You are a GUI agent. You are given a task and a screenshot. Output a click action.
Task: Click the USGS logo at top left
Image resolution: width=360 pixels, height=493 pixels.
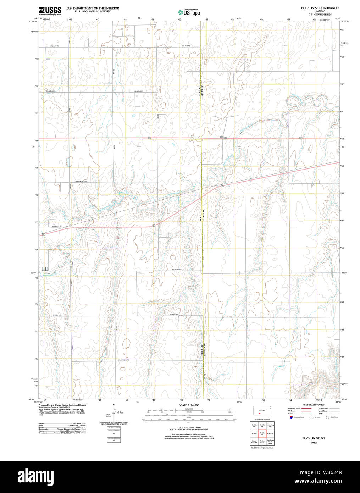pyautogui.click(x=50, y=10)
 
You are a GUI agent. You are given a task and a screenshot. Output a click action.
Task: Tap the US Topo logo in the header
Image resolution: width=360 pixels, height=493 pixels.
pyautogui.click(x=189, y=12)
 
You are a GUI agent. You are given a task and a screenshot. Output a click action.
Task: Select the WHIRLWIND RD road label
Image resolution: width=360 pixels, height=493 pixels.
pyautogui.click(x=81, y=181)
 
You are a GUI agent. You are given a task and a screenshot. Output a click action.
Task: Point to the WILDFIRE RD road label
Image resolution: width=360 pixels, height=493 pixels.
pyautogui.click(x=176, y=270)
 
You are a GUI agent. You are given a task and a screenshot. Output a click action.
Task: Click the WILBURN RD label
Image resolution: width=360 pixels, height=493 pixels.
pyautogui.click(x=57, y=226)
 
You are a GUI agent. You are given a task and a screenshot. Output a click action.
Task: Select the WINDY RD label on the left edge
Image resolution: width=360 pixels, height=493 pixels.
pyautogui.click(x=57, y=315)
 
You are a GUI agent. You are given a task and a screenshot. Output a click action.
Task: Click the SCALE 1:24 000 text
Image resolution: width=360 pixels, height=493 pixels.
pyautogui.click(x=189, y=405)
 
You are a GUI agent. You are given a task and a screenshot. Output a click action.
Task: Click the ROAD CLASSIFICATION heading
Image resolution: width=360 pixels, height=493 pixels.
pyautogui.click(x=313, y=405)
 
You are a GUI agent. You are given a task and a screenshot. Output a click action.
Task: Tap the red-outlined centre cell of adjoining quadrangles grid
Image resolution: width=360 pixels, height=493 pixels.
pyautogui.click(x=262, y=433)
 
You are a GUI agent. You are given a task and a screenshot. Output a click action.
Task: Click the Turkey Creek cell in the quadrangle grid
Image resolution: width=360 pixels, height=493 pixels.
pyautogui.click(x=262, y=442)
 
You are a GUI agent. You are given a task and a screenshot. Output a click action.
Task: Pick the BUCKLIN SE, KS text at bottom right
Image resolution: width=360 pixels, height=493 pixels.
pyautogui.click(x=313, y=438)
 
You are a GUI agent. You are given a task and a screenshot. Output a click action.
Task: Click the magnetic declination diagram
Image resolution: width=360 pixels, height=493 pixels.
pyautogui.click(x=114, y=412)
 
